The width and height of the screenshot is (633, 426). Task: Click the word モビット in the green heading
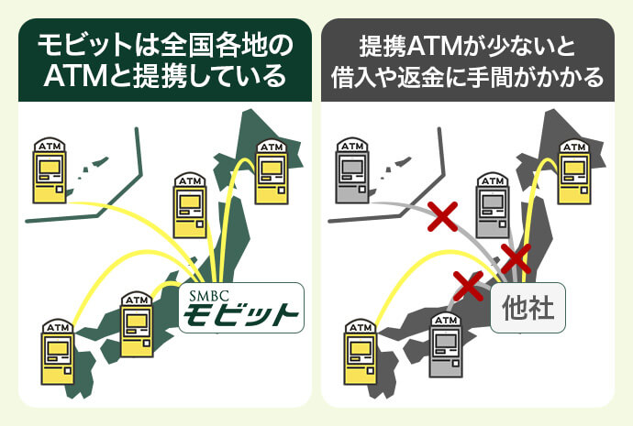click(x=81, y=44)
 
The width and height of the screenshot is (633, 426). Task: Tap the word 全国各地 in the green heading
click(x=217, y=44)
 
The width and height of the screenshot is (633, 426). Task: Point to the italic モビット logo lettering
click(x=240, y=316)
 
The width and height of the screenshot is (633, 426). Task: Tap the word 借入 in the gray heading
click(x=354, y=75)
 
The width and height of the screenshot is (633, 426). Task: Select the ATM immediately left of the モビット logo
click(x=136, y=322)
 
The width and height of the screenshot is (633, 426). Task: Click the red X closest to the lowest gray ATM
click(x=468, y=285)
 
